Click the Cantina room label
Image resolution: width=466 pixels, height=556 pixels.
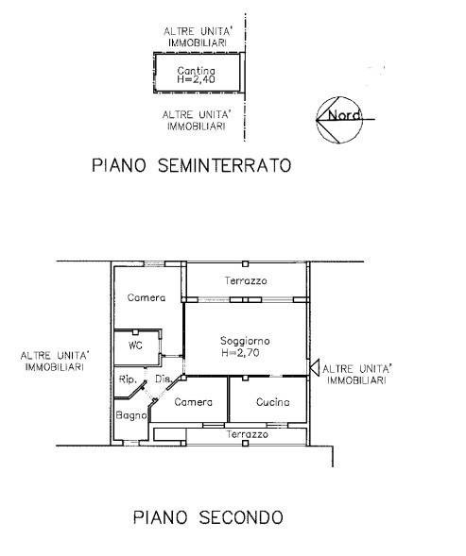(196, 70)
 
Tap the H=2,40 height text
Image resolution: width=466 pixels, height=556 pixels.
(196, 78)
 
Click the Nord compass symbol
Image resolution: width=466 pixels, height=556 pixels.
(339, 120)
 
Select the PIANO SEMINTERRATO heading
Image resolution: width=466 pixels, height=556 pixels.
(192, 165)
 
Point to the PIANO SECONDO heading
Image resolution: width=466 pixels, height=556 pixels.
(208, 517)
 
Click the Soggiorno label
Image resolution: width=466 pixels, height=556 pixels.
(245, 341)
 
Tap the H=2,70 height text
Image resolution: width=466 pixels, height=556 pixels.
(240, 353)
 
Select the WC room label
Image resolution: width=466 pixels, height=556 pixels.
(135, 345)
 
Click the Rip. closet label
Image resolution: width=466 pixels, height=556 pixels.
(128, 379)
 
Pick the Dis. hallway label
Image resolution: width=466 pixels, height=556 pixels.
(164, 379)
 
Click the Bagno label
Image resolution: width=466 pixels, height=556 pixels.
(131, 415)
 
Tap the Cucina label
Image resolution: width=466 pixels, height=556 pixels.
(273, 402)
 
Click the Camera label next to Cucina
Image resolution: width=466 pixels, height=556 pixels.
(193, 402)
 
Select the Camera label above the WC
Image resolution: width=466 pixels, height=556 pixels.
(147, 297)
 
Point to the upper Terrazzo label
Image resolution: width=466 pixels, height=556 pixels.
(246, 281)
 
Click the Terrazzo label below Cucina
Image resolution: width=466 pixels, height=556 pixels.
(248, 434)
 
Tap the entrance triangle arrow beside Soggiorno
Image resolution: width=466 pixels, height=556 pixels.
(315, 367)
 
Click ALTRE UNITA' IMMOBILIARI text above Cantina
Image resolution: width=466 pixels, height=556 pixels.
(198, 37)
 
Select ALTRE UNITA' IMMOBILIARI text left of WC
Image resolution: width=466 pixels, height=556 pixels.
(55, 361)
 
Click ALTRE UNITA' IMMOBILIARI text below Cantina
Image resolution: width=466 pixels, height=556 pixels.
(197, 121)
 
